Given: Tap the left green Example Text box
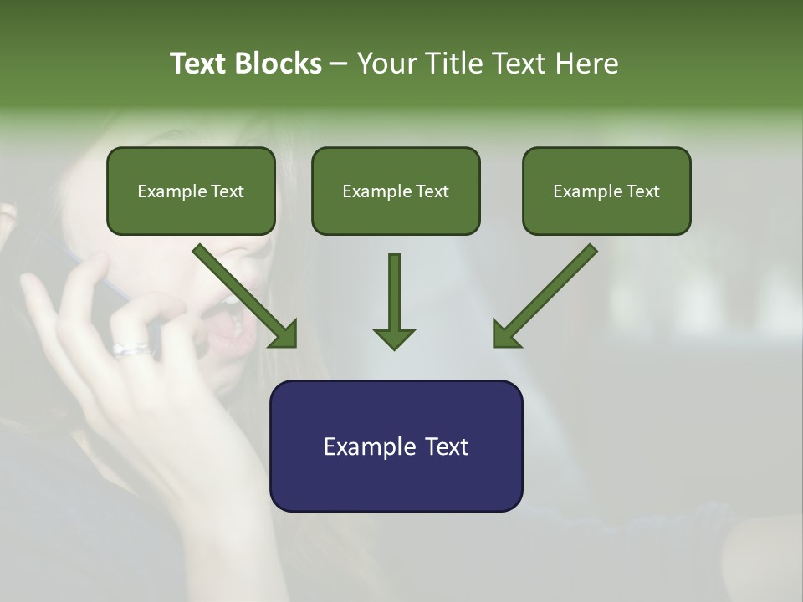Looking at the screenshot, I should (x=191, y=191).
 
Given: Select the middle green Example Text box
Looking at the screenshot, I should (x=396, y=191).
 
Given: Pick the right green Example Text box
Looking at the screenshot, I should (x=606, y=191).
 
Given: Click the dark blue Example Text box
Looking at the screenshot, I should (x=396, y=446).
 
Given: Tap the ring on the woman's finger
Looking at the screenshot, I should (x=131, y=349).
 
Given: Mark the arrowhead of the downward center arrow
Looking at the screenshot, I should (x=394, y=338).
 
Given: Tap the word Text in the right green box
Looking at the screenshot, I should (x=643, y=191).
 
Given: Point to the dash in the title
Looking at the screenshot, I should (x=339, y=64).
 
